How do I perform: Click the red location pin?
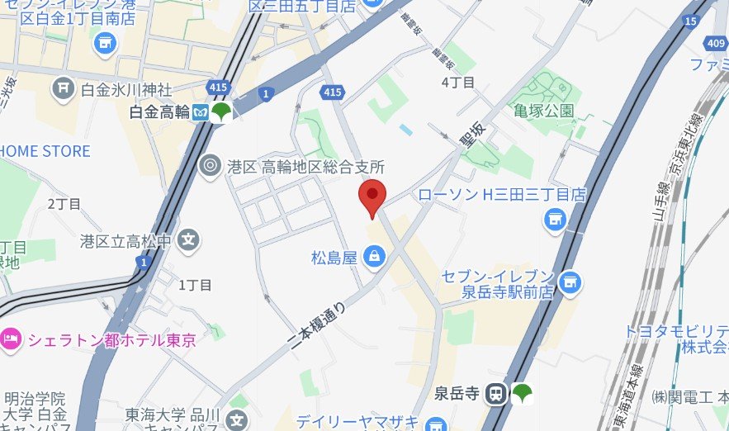point(373,195)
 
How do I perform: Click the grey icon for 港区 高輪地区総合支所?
point(211,167)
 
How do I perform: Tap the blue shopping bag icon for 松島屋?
point(375,257)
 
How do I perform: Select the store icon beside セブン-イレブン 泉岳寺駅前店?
point(568,282)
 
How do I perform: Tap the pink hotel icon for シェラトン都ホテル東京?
point(10,339)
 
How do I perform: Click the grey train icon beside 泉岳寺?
point(497,394)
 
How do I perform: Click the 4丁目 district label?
point(458,82)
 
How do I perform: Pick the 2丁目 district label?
point(64,203)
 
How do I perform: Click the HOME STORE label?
point(45,151)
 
